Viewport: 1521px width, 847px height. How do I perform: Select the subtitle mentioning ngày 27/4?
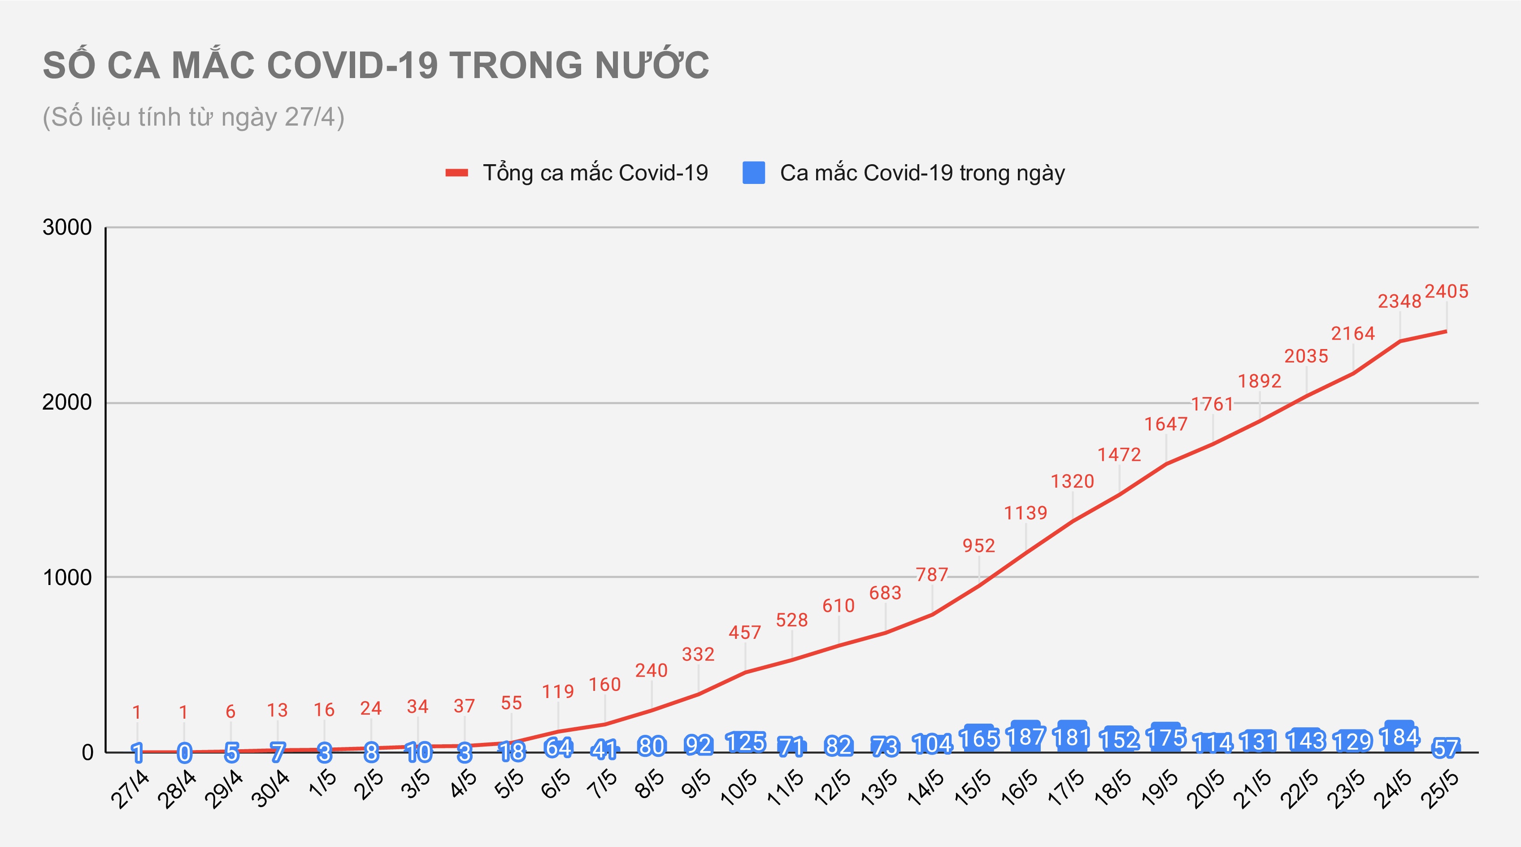193,117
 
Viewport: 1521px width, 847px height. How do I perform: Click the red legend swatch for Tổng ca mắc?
456,173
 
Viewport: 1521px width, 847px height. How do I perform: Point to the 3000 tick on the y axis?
67,227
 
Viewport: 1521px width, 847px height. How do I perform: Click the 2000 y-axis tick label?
67,403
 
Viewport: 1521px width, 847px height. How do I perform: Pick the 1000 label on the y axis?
67,577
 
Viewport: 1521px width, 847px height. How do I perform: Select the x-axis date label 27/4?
130,789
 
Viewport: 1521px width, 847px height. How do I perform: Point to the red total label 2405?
1447,291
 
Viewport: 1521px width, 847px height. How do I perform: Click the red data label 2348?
1399,301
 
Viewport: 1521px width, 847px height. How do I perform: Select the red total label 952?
979,545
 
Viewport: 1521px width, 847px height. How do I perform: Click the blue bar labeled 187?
1026,737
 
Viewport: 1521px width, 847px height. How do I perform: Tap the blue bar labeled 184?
1399,737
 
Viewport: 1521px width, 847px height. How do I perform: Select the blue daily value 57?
1446,748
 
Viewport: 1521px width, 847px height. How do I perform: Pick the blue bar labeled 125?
745,742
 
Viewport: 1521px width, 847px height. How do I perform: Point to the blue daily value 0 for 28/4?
184,752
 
